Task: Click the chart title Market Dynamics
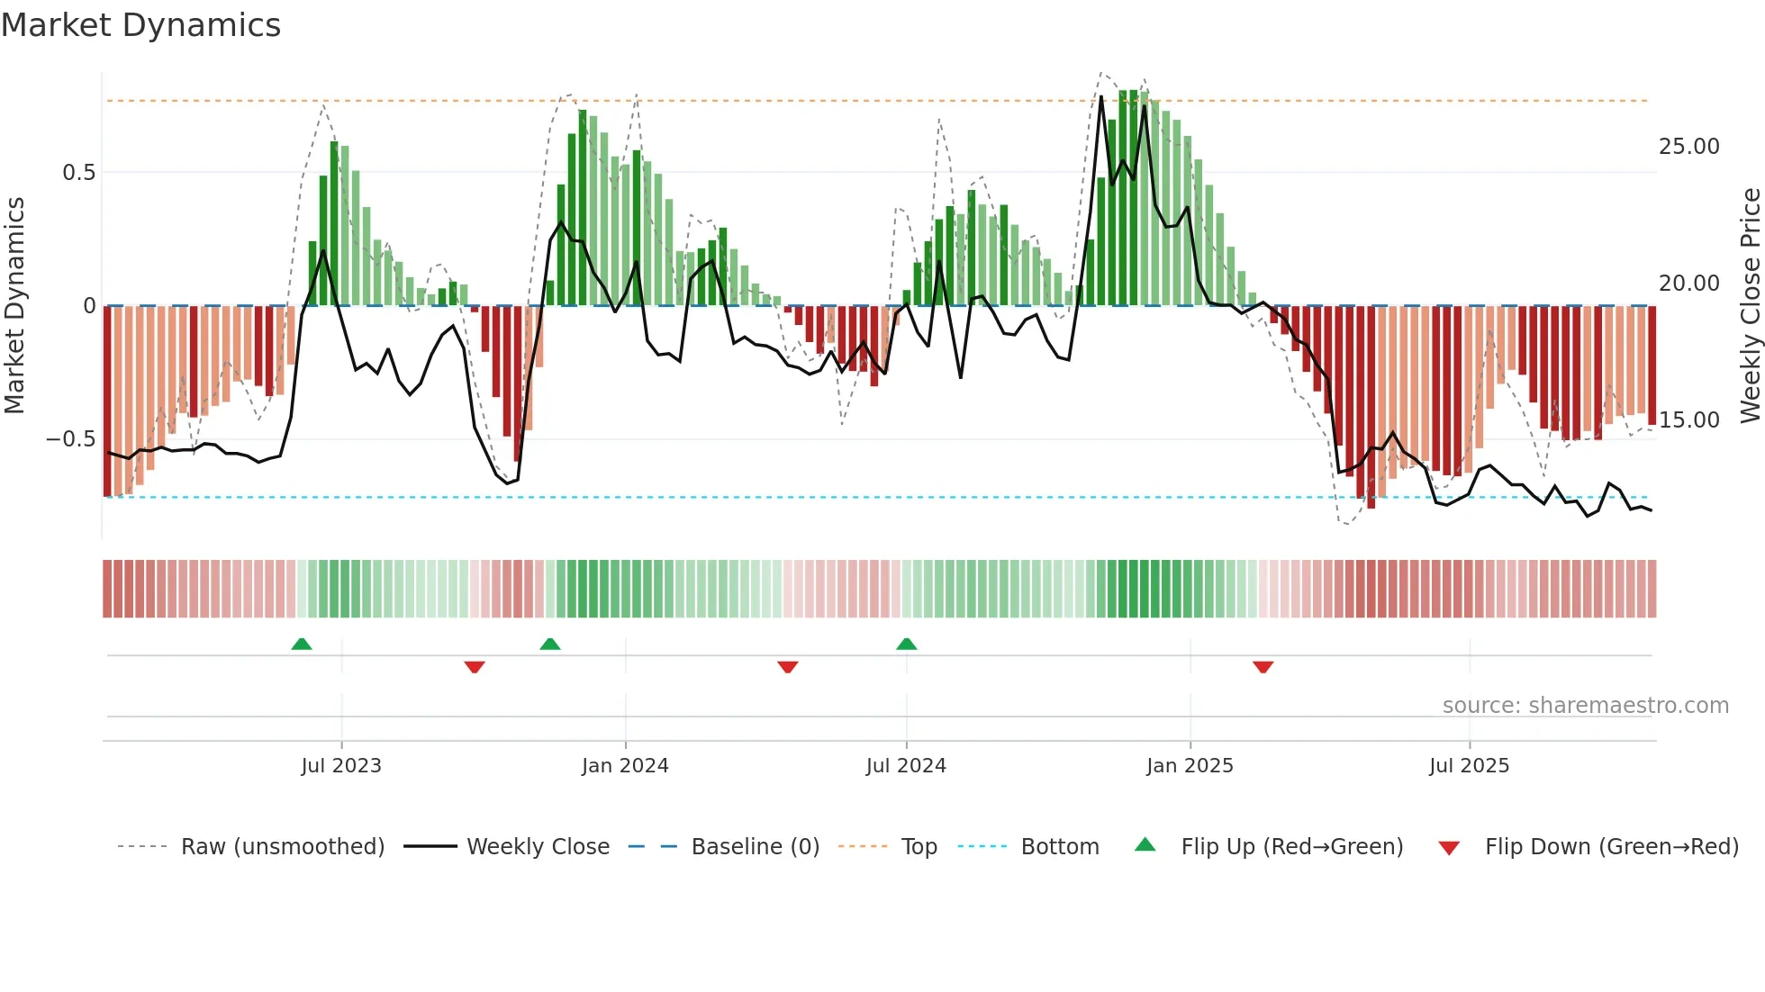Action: [141, 25]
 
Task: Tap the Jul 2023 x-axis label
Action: [341, 766]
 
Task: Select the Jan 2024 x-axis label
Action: [625, 766]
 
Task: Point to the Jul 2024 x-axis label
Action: [906, 766]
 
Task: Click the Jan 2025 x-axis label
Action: [1190, 766]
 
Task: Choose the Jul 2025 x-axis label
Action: [1469, 766]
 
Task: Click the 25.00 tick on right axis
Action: [1688, 147]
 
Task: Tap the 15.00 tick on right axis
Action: [1688, 420]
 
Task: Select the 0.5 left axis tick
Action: [78, 173]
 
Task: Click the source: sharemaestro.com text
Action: [1585, 706]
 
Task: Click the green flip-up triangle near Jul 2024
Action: [907, 644]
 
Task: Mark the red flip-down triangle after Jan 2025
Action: [1263, 667]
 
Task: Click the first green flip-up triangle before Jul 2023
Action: [302, 644]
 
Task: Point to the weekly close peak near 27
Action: [1100, 97]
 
